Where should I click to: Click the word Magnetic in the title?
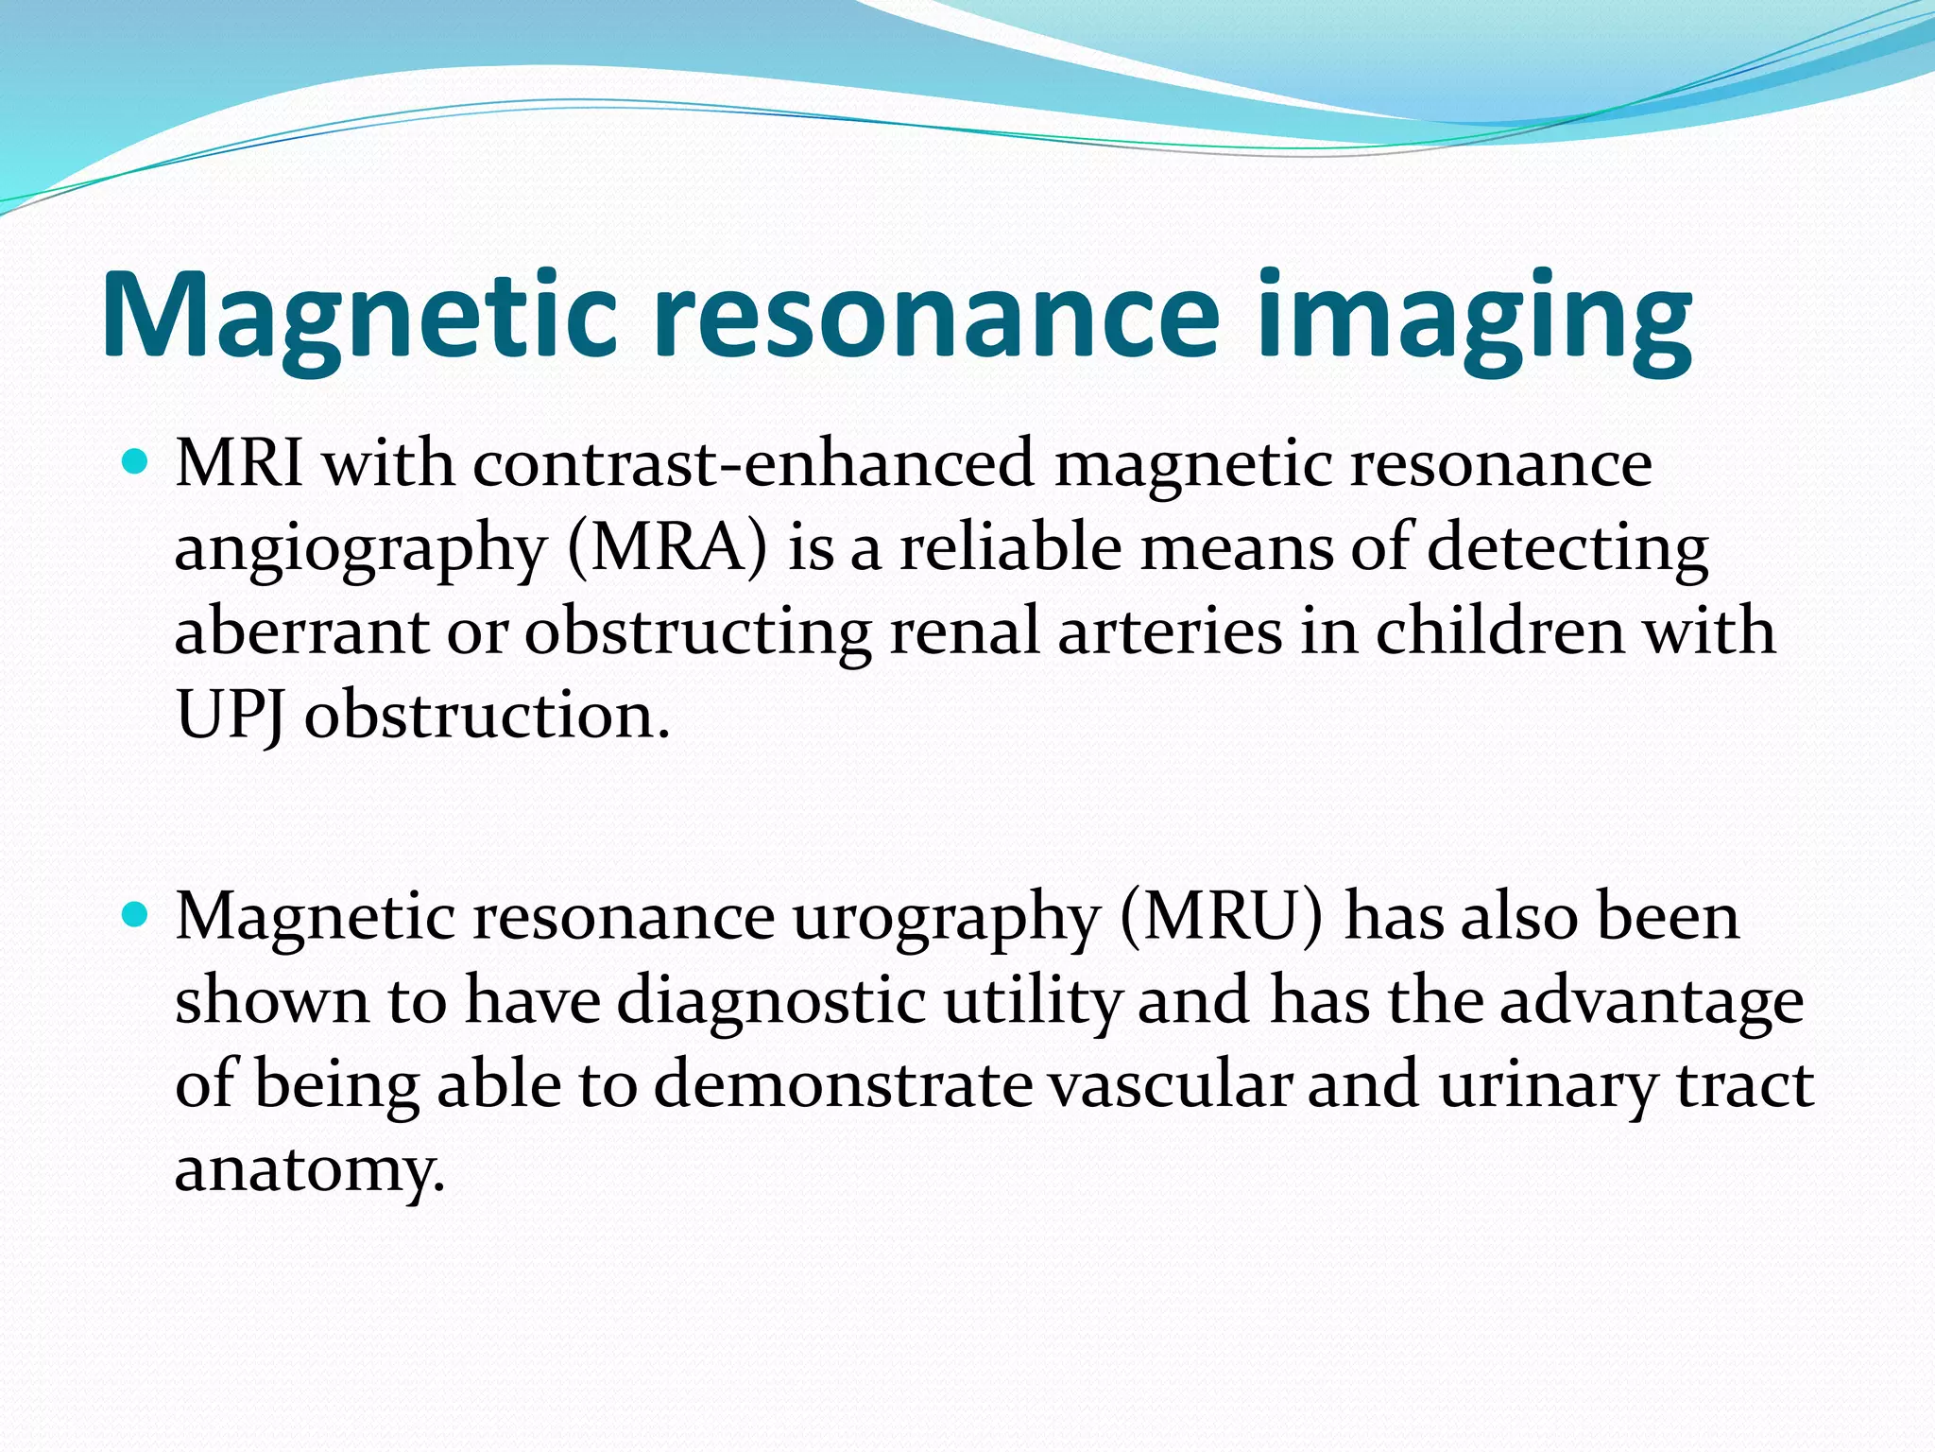click(359, 314)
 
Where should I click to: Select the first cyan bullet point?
click(137, 463)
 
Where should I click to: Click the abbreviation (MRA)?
click(667, 548)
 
